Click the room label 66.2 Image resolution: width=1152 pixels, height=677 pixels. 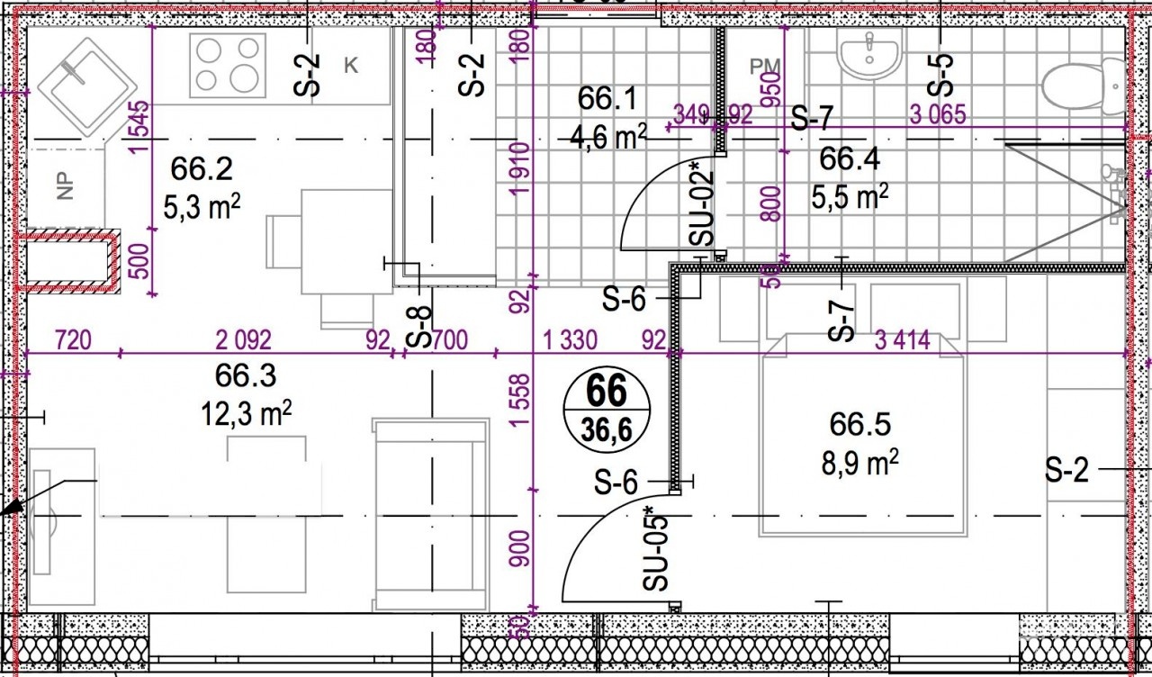[x=202, y=168]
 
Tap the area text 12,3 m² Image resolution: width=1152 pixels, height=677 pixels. [x=247, y=413]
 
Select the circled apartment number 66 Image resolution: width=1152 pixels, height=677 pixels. [x=607, y=391]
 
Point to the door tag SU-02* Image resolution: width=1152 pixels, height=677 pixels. [x=701, y=203]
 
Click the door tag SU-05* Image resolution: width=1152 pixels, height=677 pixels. [x=655, y=548]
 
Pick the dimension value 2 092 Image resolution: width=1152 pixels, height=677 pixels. [x=244, y=340]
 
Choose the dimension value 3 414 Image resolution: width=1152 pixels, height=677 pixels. [x=903, y=340]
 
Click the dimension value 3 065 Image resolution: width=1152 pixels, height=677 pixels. [x=938, y=114]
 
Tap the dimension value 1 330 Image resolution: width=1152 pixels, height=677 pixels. [x=571, y=340]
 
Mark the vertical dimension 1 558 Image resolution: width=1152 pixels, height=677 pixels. [x=520, y=400]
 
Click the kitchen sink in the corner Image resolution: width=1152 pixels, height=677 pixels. [x=87, y=86]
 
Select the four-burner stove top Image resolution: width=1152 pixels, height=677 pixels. [x=228, y=66]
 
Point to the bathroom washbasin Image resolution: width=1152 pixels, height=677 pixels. [x=869, y=52]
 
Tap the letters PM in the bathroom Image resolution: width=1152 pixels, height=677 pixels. [x=765, y=66]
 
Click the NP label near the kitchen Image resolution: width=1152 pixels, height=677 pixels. [x=65, y=185]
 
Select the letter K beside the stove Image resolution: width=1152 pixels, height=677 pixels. [x=351, y=66]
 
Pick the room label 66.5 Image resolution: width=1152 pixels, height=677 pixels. [x=859, y=424]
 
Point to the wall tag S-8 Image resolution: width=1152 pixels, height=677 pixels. [x=418, y=326]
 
